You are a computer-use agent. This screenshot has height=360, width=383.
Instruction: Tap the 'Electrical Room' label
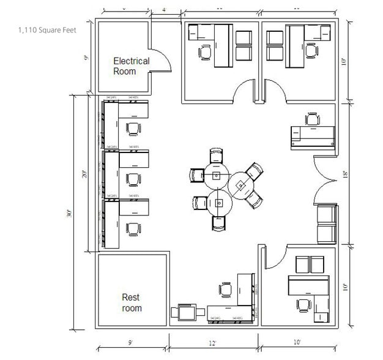pos(131,66)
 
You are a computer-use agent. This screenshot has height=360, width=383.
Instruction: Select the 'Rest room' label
pos(131,302)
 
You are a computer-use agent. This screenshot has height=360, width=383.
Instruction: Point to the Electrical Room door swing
pos(161,60)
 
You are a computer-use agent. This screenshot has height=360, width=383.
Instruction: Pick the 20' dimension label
pos(85,174)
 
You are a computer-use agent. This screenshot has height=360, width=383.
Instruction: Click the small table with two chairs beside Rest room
pos(187,312)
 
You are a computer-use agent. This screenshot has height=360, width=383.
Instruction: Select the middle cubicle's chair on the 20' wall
pos(133,179)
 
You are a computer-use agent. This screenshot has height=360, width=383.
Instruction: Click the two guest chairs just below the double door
pos(326,223)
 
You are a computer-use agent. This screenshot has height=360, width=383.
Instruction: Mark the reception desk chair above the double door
pos(313,118)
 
